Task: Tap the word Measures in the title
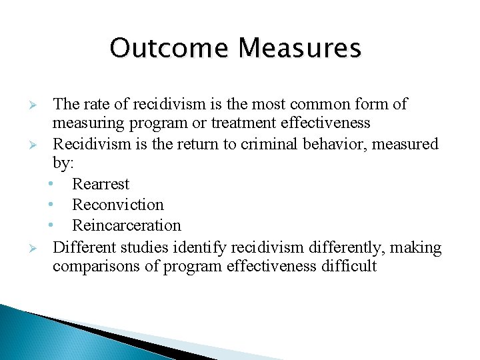[300, 49]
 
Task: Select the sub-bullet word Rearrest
[101, 184]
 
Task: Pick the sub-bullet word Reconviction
[118, 205]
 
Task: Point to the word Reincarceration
[127, 225]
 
